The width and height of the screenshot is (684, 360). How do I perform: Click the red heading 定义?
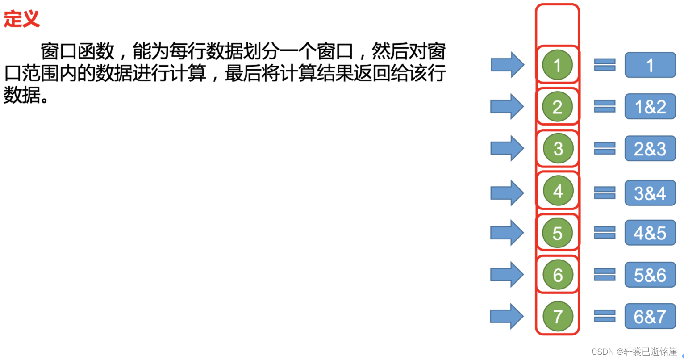click(x=21, y=19)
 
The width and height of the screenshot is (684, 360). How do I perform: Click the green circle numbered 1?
click(x=557, y=65)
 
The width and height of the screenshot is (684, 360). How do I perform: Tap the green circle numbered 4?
click(x=558, y=191)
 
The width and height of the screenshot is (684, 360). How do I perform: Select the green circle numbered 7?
click(x=558, y=317)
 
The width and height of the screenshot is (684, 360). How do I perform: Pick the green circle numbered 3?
click(x=558, y=149)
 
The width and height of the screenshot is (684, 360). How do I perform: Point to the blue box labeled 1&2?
click(x=650, y=107)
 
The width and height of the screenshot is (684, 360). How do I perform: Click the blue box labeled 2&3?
click(x=650, y=149)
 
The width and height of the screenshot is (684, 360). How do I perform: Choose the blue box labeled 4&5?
click(x=650, y=233)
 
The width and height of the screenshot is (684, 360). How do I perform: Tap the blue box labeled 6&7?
click(x=650, y=317)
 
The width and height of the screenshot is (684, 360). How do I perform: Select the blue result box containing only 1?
click(x=650, y=65)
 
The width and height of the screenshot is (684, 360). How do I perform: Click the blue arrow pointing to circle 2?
click(x=507, y=107)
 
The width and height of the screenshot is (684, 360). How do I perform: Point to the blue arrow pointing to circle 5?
click(x=507, y=233)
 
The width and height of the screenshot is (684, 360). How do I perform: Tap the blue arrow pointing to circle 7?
click(x=507, y=316)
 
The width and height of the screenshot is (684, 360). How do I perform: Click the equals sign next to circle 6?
click(x=605, y=275)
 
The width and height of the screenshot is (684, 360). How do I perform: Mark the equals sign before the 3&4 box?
click(x=605, y=193)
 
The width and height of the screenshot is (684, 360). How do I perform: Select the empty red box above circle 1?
click(x=557, y=25)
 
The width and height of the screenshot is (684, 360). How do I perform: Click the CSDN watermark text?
click(x=634, y=352)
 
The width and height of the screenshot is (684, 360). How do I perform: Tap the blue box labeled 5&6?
click(x=650, y=275)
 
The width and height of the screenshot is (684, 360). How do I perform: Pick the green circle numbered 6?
click(x=558, y=275)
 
